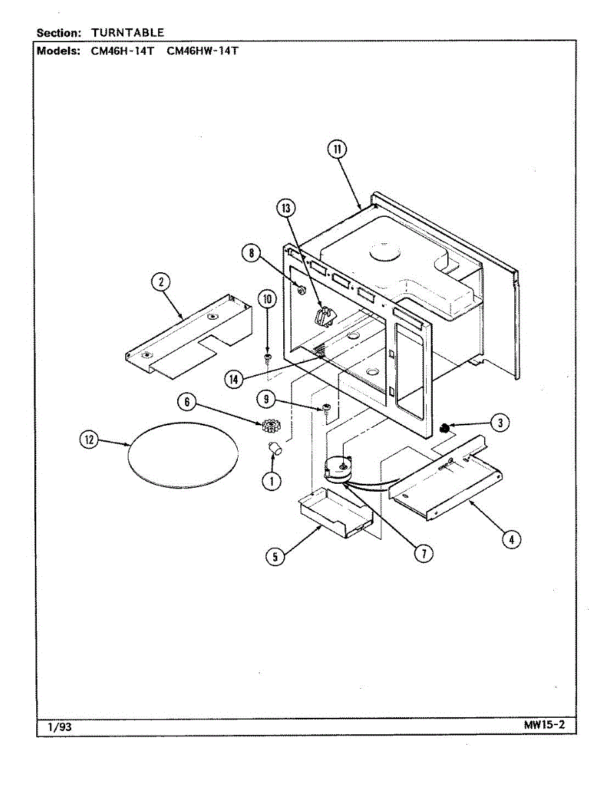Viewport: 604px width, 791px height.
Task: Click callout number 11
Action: point(337,150)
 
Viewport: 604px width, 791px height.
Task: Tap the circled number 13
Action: point(285,209)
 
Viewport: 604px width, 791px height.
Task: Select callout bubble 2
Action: point(159,282)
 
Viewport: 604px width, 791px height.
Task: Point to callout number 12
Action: point(87,440)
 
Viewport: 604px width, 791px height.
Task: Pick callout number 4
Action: point(509,540)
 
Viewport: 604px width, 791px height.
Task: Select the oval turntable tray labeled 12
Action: point(182,455)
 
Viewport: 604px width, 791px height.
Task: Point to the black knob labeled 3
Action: point(445,428)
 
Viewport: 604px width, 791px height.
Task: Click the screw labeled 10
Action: point(267,357)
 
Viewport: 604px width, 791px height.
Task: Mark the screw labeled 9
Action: point(326,409)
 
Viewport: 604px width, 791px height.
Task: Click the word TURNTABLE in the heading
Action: point(128,32)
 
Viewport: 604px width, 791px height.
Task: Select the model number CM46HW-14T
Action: point(203,51)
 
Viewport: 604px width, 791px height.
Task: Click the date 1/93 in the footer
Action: point(59,727)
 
